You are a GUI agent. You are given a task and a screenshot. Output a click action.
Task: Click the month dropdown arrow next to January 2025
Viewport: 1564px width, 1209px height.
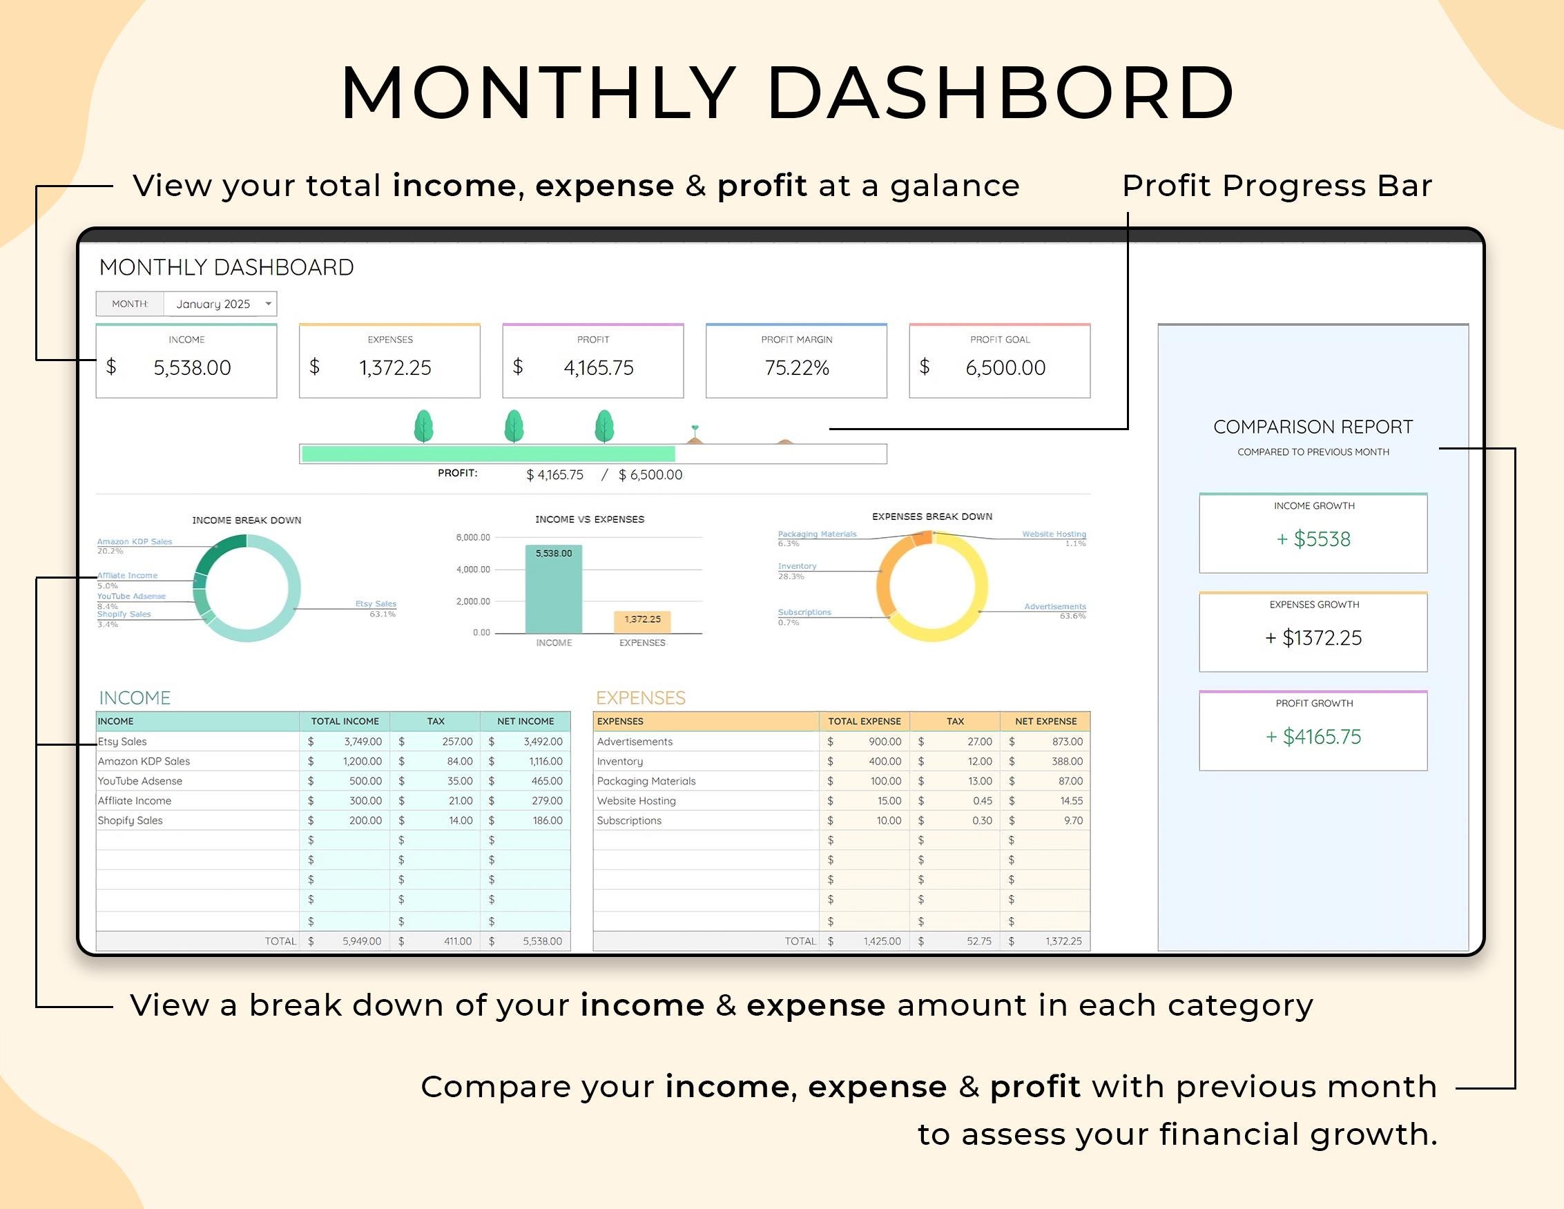coord(269,304)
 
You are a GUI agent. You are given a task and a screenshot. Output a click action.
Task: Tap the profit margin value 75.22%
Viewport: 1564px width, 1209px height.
coord(796,368)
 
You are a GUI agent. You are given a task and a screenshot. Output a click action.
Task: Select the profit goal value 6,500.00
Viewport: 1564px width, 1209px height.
coord(1005,368)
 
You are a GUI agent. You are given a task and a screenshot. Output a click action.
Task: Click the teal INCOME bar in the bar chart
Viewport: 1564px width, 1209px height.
coord(554,591)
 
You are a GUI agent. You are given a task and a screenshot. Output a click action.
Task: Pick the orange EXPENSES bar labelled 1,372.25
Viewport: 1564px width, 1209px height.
coord(642,621)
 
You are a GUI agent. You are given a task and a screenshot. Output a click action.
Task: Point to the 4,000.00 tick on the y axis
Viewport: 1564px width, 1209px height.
coord(474,570)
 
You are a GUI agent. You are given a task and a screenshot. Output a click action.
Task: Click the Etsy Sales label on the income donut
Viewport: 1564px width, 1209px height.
coord(375,603)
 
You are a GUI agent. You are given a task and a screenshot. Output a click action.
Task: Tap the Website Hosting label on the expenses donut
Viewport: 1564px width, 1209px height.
coord(1054,534)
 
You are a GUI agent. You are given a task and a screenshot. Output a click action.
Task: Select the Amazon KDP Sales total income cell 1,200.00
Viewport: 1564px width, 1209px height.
coord(363,762)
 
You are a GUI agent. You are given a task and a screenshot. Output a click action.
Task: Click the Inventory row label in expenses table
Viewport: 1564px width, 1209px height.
coord(620,762)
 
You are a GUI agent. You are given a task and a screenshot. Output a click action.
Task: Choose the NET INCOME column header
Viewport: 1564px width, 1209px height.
coord(525,722)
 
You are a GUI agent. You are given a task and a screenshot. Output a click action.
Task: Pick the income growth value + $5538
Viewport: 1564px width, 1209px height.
coord(1313,539)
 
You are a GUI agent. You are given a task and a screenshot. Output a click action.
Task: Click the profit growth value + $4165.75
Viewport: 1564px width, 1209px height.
coord(1313,737)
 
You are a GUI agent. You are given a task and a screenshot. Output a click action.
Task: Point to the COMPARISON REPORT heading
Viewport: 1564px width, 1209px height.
coord(1313,427)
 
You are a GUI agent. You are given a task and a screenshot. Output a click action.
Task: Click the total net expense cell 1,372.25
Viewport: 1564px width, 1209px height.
coord(1063,941)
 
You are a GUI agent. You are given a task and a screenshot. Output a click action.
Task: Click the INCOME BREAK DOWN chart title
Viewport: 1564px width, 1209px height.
coord(247,520)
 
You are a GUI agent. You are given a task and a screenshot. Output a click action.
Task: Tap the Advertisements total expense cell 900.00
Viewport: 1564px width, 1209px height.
coord(885,742)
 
